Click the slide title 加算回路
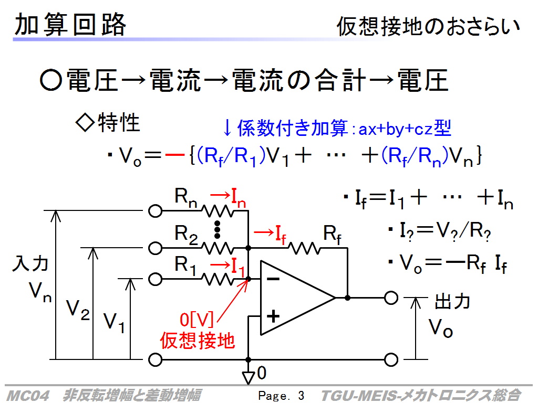[70, 24]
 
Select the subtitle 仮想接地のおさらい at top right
[428, 26]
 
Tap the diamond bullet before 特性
[85, 123]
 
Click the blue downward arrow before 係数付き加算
[227, 129]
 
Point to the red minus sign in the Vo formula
[175, 155]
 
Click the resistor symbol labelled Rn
[218, 211]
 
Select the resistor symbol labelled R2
[218, 248]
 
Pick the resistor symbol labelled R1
[218, 279]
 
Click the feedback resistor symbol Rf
[304, 248]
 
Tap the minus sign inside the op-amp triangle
[273, 279]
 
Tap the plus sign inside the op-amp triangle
[273, 316]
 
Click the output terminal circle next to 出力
[391, 298]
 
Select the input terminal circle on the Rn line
[155, 211]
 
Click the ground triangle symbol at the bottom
[248, 378]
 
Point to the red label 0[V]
[196, 320]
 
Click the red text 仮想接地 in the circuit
[198, 341]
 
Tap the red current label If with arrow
[270, 234]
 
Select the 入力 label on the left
[30, 263]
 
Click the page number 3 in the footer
[301, 396]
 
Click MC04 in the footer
[28, 396]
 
